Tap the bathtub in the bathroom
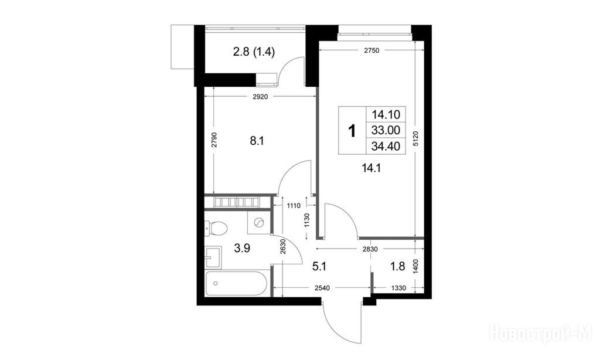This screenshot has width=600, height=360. click(236, 283)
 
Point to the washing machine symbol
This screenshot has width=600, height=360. click(258, 223)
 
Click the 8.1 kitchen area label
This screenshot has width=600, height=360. click(257, 141)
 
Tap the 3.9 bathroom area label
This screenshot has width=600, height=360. click(242, 249)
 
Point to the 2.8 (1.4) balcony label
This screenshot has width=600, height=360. click(254, 52)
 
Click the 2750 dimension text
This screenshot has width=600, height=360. click(371, 50)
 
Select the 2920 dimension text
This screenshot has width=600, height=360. click(260, 97)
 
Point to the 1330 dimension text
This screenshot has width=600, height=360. click(398, 288)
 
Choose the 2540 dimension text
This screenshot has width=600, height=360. click(322, 288)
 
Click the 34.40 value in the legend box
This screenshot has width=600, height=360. click(386, 146)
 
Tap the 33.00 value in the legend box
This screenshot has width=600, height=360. click(386, 130)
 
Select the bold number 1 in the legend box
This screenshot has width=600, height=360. click(352, 131)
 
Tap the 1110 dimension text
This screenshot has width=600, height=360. click(294, 206)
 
